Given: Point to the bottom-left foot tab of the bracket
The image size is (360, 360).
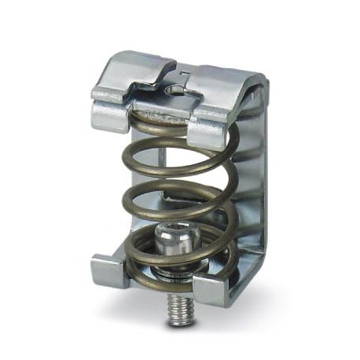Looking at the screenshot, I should point(106,271).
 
